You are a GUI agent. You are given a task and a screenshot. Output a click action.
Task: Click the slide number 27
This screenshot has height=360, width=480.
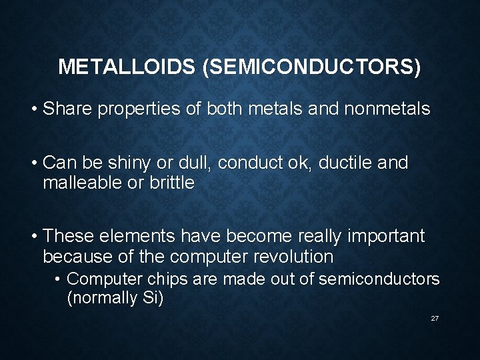(435, 319)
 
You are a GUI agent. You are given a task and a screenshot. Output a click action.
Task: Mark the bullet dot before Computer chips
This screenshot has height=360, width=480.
(59, 279)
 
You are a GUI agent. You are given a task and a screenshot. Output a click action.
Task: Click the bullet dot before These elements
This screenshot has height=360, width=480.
(33, 237)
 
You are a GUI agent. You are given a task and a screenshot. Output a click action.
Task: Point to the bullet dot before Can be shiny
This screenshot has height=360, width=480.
(33, 163)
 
